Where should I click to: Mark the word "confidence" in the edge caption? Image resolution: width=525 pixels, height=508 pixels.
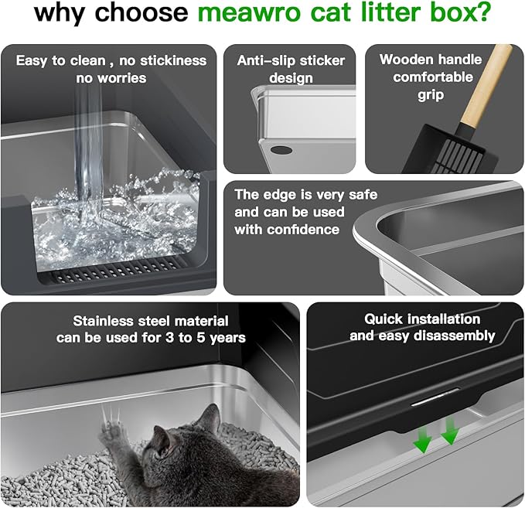point(300,229)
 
